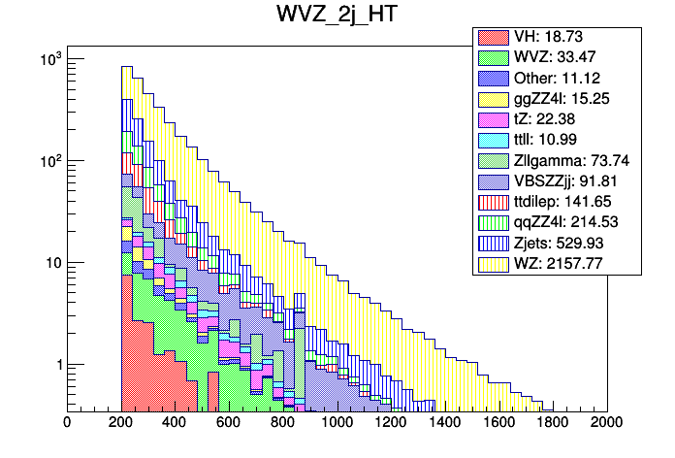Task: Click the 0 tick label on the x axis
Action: coord(66,423)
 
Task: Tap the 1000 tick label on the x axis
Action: coord(337,423)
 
